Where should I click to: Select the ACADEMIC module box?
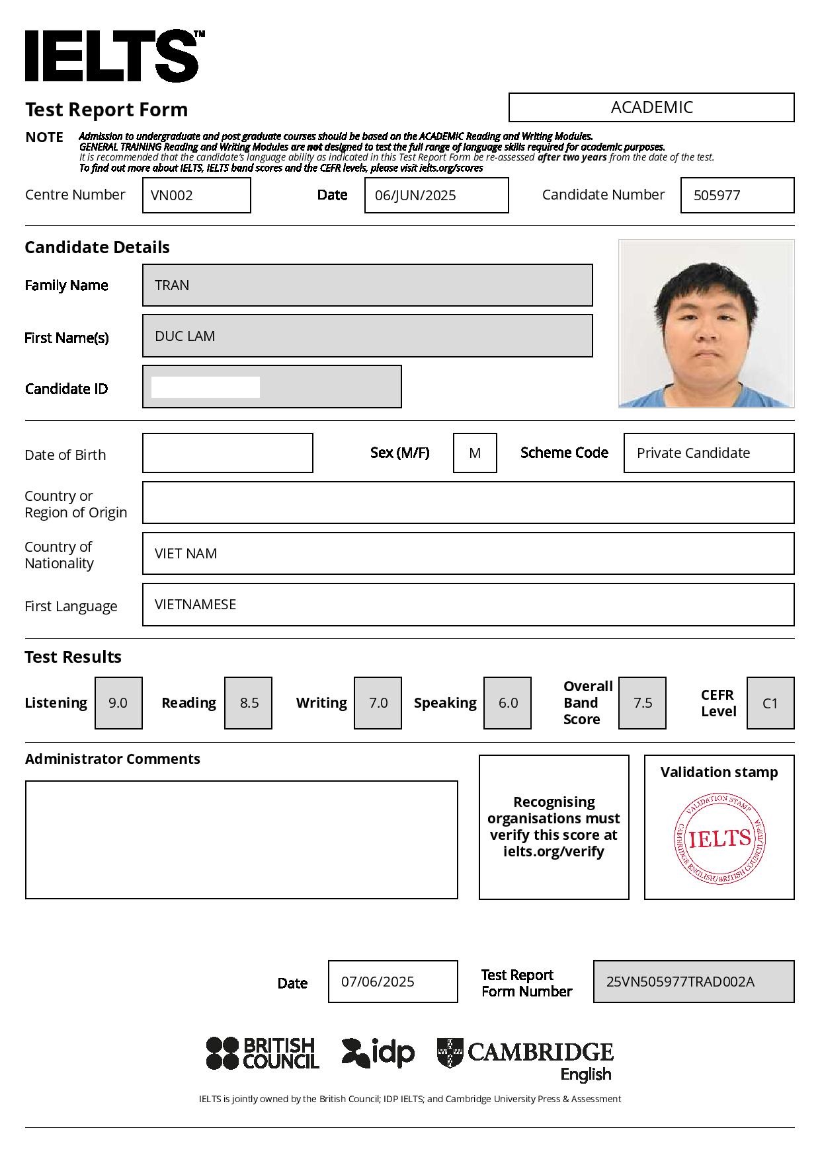tap(651, 107)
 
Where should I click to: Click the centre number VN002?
tap(196, 195)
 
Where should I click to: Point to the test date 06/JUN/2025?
tap(436, 195)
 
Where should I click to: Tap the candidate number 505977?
tap(737, 195)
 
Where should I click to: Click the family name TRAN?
tap(367, 285)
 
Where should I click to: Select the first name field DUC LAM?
tap(367, 336)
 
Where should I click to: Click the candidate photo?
tap(706, 323)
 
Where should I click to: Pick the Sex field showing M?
tap(475, 453)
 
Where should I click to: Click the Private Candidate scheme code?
tap(708, 453)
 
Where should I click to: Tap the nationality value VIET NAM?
tap(468, 553)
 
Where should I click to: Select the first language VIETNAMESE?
tap(468, 604)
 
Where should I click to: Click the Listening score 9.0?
tap(118, 702)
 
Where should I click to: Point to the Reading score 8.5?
tap(248, 702)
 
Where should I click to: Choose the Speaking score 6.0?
tap(507, 702)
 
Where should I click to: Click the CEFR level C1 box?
tap(770, 702)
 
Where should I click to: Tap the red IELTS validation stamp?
tap(719, 839)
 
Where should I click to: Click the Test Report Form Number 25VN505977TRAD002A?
tap(693, 981)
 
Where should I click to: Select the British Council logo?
tap(263, 1053)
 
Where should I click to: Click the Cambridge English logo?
tap(526, 1057)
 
